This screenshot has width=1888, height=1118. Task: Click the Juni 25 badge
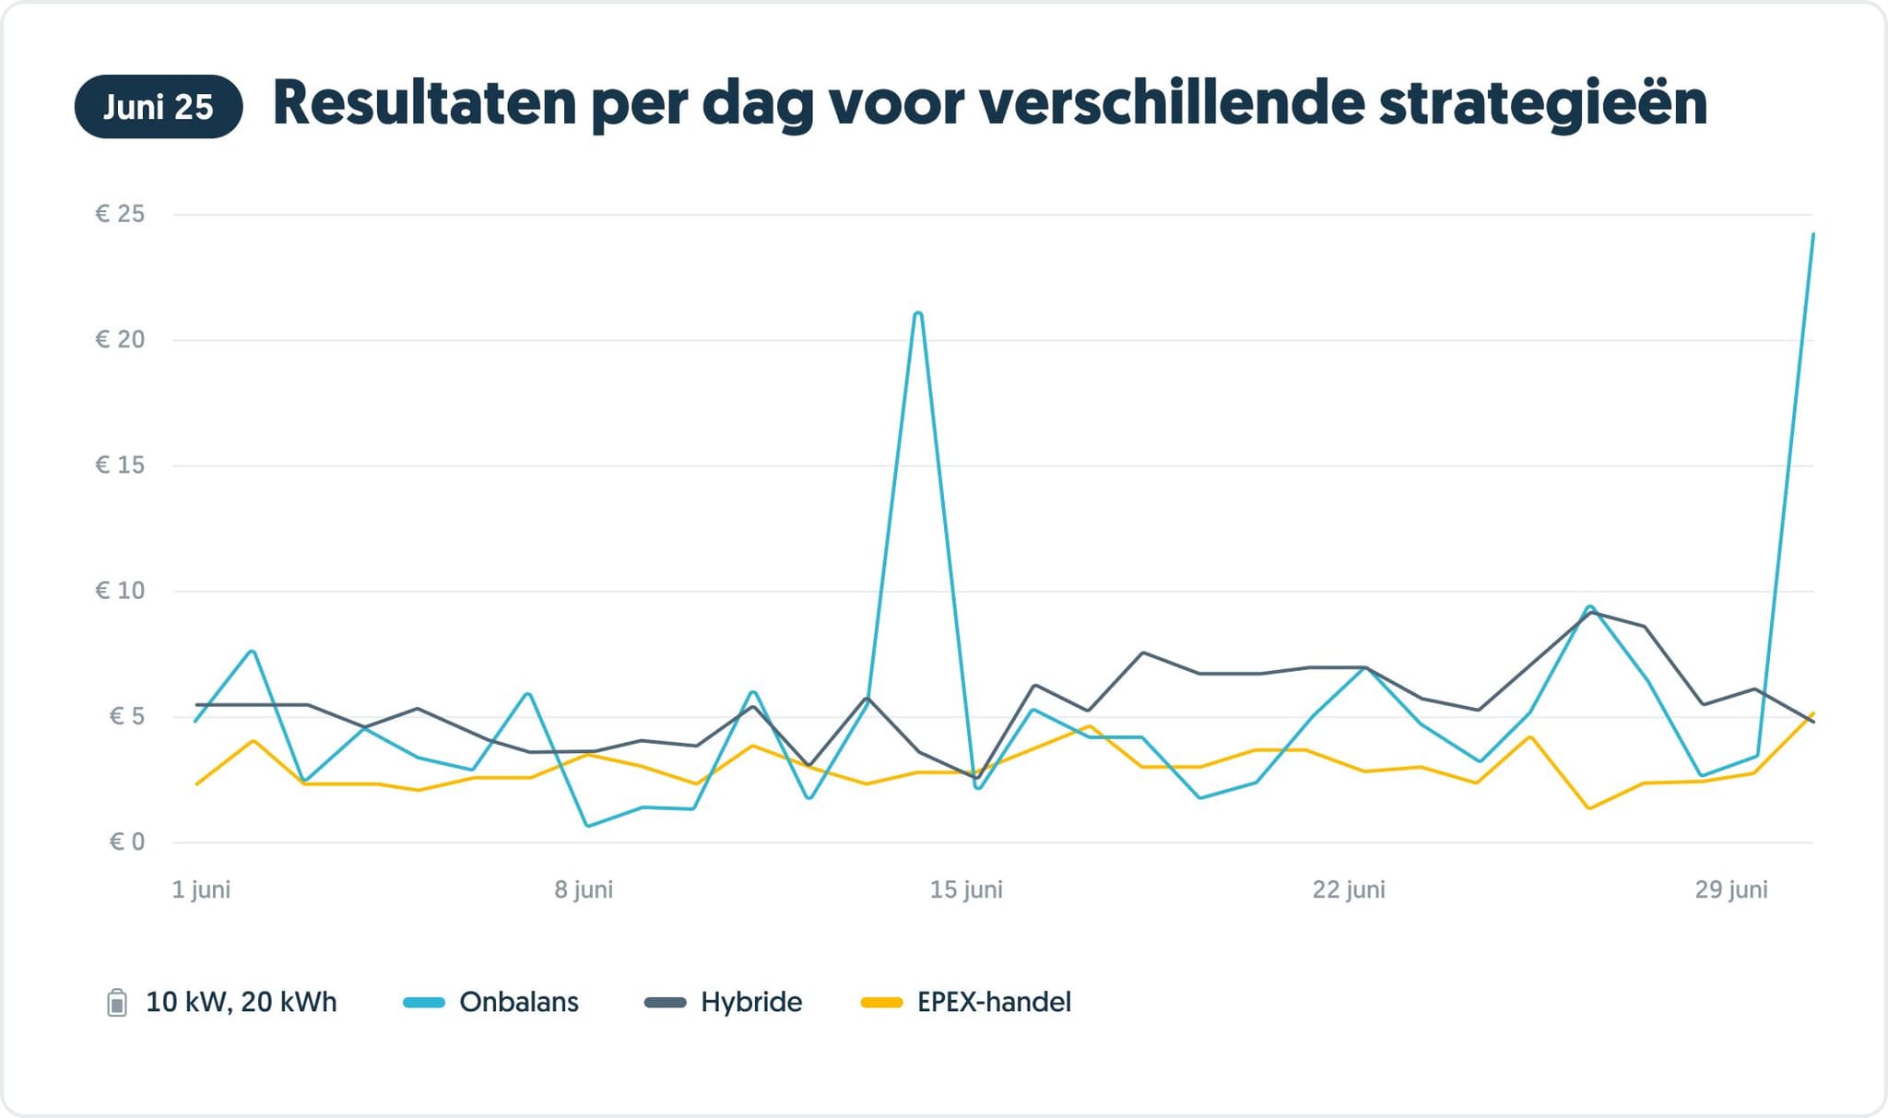(x=158, y=107)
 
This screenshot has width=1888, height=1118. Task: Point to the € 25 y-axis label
(x=120, y=214)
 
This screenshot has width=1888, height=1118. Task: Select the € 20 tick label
(x=120, y=339)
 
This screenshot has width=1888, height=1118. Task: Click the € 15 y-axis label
(x=120, y=465)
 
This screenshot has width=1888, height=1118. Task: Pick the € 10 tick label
(x=120, y=590)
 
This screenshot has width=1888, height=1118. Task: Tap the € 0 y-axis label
(x=126, y=841)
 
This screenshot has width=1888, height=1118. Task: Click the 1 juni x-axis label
(x=201, y=889)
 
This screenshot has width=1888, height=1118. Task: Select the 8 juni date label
(x=583, y=889)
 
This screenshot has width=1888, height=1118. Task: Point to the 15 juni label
(x=965, y=889)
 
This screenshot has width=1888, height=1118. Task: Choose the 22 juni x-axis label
(x=1348, y=889)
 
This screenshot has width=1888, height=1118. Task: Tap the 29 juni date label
(x=1730, y=889)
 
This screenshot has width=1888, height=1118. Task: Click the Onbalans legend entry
(x=518, y=1002)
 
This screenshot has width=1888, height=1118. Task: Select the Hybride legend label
(x=750, y=1002)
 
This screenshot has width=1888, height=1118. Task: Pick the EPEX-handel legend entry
(x=993, y=1002)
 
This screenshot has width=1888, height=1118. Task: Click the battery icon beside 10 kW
(x=117, y=1002)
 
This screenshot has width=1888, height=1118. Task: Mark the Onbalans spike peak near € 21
(x=918, y=313)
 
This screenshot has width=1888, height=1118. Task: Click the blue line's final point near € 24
(x=1812, y=235)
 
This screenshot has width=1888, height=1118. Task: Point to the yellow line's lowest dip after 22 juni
(x=1589, y=808)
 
